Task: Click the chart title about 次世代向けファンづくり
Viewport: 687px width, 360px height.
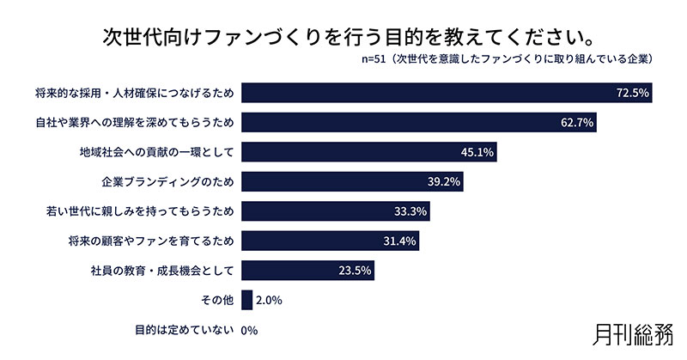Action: pos(343,38)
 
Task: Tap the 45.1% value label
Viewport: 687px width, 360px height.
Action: pos(477,152)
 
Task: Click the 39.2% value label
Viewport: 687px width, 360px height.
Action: pos(444,182)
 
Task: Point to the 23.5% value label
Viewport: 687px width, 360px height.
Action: pos(355,271)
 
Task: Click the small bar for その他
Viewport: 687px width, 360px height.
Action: pos(247,300)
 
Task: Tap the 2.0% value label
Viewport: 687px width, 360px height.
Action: pos(269,301)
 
